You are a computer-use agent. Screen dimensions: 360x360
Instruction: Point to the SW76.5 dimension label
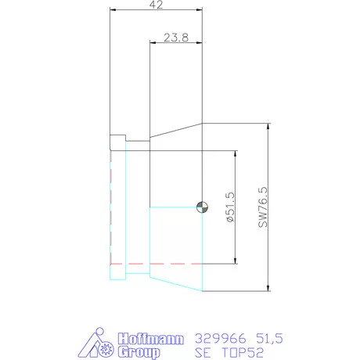point(262,207)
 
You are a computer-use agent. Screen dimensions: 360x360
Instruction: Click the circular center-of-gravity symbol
point(201,207)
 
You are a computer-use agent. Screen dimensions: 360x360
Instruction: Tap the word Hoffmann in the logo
point(150,339)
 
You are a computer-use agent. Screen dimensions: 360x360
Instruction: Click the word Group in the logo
point(139,352)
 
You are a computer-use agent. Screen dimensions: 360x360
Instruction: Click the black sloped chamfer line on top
point(175,129)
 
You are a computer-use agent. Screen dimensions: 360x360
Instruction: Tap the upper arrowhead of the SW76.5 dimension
point(268,127)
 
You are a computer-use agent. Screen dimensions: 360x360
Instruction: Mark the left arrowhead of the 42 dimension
point(113,10)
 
